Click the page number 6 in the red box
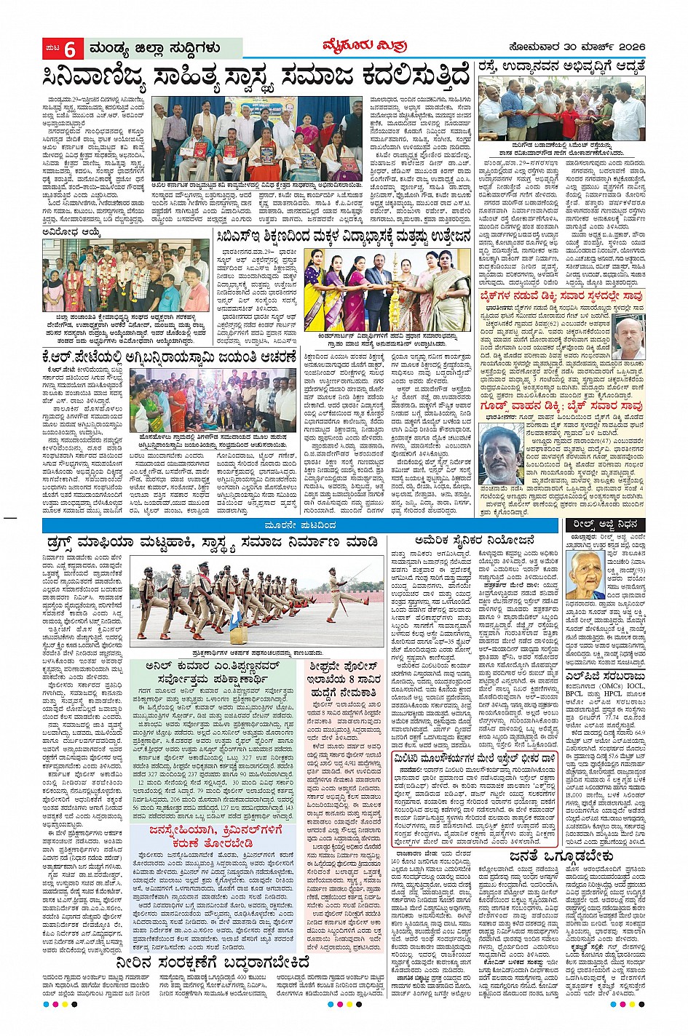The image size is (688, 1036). click(x=70, y=49)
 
